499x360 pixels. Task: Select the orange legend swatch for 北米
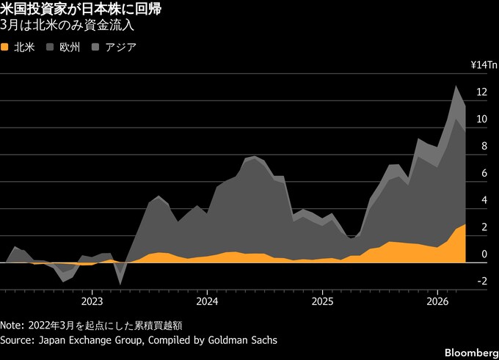pyautogui.click(x=6, y=47)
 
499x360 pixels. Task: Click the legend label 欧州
pyautogui.click(x=71, y=47)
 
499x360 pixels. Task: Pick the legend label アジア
pyautogui.click(x=121, y=47)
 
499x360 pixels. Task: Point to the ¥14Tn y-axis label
pyautogui.click(x=484, y=65)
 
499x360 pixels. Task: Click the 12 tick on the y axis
pyautogui.click(x=481, y=92)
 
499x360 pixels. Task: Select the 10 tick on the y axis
pyautogui.click(x=481, y=120)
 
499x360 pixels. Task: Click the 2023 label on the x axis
pyautogui.click(x=92, y=301)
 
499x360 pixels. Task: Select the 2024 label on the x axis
pyautogui.click(x=207, y=301)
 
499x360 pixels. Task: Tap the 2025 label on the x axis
pyautogui.click(x=322, y=301)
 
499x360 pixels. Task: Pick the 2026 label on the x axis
pyautogui.click(x=437, y=301)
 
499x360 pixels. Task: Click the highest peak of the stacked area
pyautogui.click(x=456, y=87)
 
